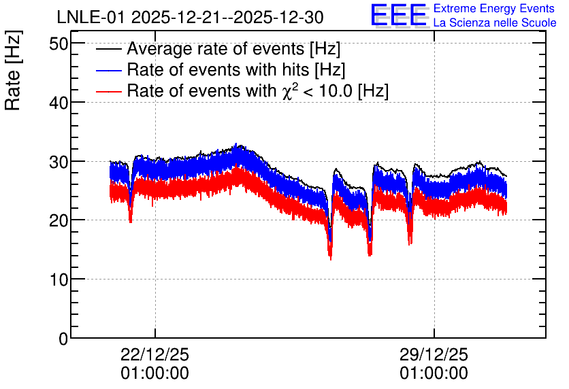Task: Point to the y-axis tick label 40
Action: [x=59, y=103]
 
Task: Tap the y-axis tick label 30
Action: [x=59, y=162]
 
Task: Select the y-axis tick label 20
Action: [x=59, y=221]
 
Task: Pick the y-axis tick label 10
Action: [x=59, y=280]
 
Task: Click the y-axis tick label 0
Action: [x=63, y=339]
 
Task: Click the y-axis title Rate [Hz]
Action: [x=13, y=70]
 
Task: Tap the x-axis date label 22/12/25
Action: [x=155, y=354]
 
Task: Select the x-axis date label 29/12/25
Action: [x=434, y=354]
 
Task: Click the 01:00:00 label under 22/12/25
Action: [x=155, y=373]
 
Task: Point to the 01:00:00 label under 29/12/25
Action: [x=434, y=373]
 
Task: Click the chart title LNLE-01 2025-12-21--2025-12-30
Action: [x=190, y=18]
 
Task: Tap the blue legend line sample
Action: [x=108, y=70]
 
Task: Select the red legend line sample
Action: [x=108, y=91]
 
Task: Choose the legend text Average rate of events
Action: [x=216, y=48]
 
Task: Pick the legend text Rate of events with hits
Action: [x=218, y=69]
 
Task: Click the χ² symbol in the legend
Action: [x=290, y=90]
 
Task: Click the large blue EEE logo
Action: [x=399, y=14]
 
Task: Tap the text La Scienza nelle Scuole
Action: [x=495, y=22]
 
